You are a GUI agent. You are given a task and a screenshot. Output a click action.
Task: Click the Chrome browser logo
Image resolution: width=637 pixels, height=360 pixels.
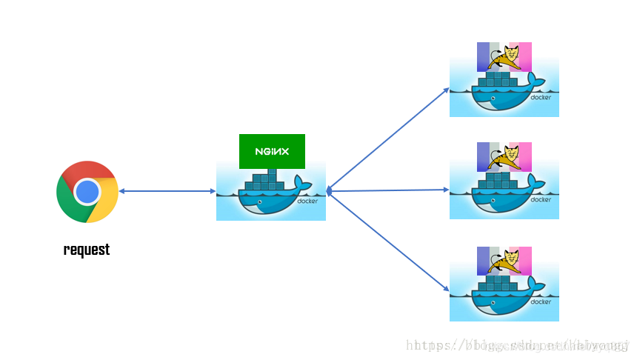point(87,192)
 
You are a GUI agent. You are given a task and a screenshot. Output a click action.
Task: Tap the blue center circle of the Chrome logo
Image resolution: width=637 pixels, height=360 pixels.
point(87,192)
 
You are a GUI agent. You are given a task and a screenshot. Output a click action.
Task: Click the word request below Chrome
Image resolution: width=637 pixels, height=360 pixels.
point(87,250)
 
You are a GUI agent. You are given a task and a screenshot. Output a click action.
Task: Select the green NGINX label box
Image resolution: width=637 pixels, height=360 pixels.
point(272,151)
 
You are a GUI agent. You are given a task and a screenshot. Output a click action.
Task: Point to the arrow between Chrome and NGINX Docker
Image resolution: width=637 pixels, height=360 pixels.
point(167,191)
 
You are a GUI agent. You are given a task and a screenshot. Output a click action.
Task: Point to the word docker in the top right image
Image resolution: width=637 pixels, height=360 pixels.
point(541,98)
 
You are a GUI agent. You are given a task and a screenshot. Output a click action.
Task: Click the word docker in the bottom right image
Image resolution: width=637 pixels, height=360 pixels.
point(541,302)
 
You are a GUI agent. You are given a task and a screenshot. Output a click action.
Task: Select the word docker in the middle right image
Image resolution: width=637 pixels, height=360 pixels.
point(541,199)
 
